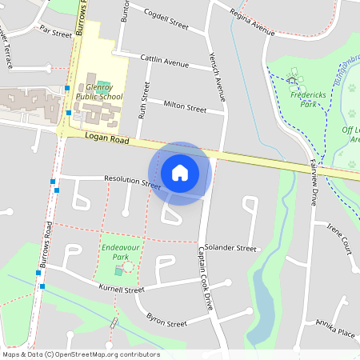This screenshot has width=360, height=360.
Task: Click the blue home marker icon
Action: coord(180,173)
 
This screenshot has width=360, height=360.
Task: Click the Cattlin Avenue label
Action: coord(164,60)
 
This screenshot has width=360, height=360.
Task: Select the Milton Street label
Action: coord(185,106)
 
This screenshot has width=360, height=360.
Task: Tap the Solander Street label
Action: coord(230,249)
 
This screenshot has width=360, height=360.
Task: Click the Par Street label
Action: coord(56,30)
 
